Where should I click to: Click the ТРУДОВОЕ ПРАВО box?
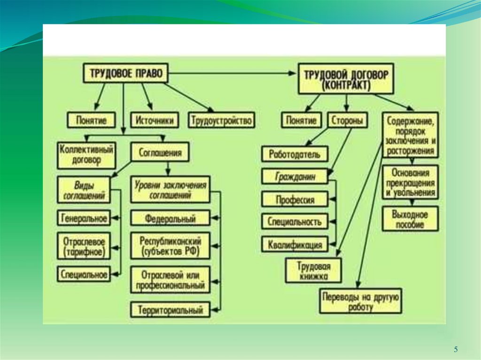coord(125,73)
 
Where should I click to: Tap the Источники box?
coord(154,120)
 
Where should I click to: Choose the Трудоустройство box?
coord(222,120)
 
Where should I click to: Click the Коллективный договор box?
coord(87,155)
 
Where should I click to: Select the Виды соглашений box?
coord(84,190)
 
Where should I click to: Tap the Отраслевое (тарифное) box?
coord(85,246)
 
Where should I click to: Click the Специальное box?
coord(85,274)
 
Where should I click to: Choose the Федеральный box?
coord(170,218)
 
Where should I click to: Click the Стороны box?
coord(348,120)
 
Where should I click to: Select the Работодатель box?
coord(295,153)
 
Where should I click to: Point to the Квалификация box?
coord(295,245)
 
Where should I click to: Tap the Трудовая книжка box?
coord(313,271)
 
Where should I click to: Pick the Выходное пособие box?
coord(410,219)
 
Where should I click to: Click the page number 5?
coord(455,349)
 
